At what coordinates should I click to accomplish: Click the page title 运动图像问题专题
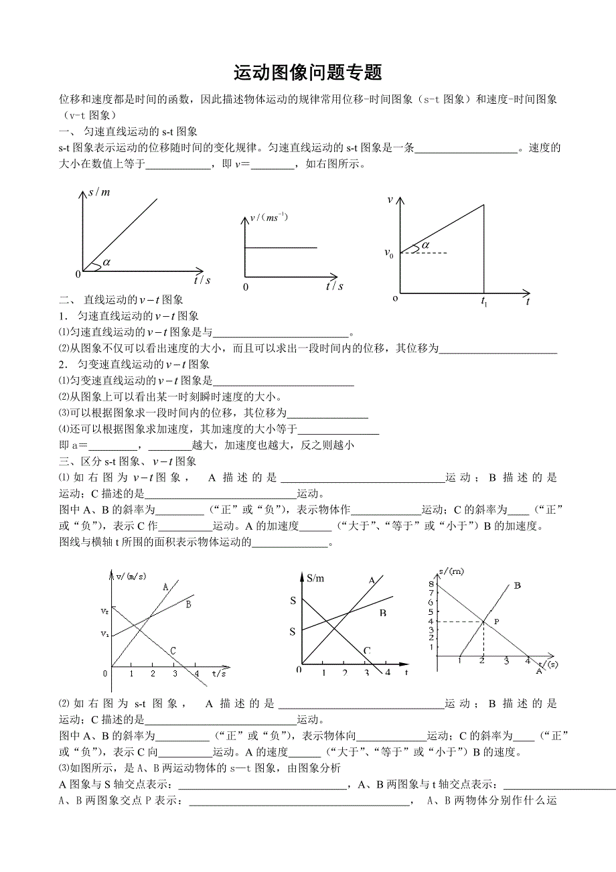coord(308,72)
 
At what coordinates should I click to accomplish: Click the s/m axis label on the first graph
coord(99,193)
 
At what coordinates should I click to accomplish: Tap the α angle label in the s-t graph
coord(106,262)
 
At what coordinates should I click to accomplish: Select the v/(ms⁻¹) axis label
coord(268,217)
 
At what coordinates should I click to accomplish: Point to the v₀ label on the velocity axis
coord(388,252)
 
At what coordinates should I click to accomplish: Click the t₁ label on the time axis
coord(484,302)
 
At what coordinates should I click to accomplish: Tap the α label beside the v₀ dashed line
coord(425,245)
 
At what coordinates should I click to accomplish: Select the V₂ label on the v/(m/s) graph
coord(104,611)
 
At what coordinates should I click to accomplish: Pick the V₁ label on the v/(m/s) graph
coord(104,634)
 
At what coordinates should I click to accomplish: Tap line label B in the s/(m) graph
coord(517,585)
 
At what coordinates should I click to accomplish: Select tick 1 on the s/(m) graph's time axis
coord(460,661)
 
